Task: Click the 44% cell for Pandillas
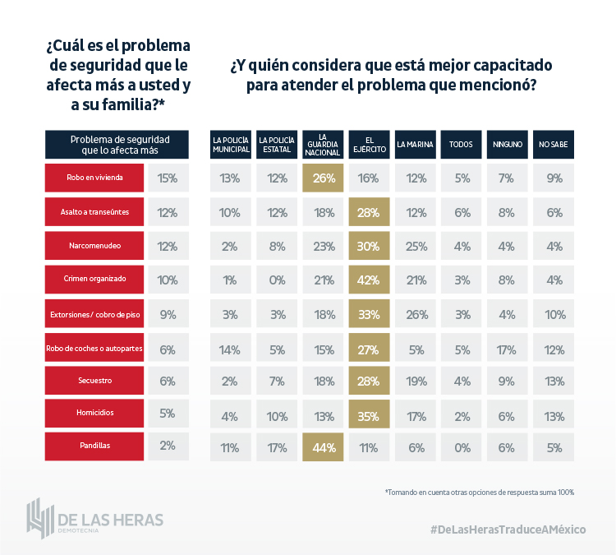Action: point(323,447)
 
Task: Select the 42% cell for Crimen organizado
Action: point(369,280)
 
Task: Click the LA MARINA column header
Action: point(415,145)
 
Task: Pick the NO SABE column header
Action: point(554,145)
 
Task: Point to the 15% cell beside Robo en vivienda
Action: point(168,178)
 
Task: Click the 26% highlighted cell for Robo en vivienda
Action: point(323,178)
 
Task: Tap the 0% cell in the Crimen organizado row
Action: point(277,280)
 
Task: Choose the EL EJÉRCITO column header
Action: point(369,145)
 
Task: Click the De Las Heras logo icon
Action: point(39,516)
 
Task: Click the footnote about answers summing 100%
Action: point(479,492)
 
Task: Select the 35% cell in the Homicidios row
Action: point(369,414)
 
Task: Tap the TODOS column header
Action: point(461,145)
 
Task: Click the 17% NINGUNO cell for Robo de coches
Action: point(508,347)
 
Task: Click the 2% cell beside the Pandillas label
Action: point(168,446)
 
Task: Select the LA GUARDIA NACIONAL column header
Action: point(323,145)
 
